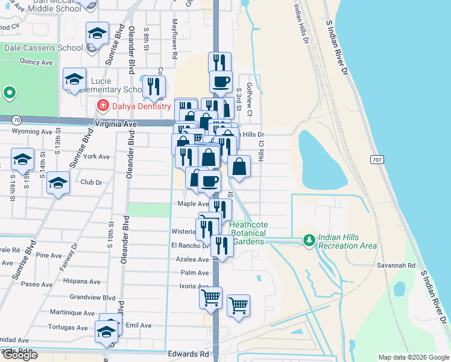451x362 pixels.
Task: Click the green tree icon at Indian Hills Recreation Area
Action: click(x=309, y=240)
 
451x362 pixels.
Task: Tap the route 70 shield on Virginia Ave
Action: click(x=16, y=119)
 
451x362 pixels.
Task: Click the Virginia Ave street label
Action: click(x=116, y=124)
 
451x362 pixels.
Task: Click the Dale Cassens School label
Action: click(x=43, y=48)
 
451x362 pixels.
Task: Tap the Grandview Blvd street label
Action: click(x=92, y=297)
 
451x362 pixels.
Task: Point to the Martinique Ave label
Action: click(x=73, y=313)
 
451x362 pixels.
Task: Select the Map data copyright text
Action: click(x=414, y=357)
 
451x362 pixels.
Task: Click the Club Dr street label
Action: click(x=91, y=182)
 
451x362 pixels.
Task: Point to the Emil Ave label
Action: click(x=139, y=325)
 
